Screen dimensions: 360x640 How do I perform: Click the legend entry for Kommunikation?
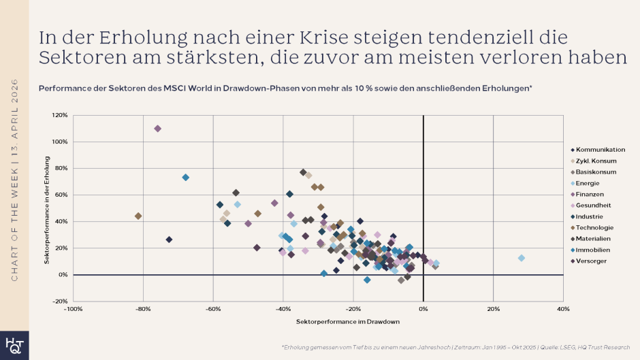(600, 150)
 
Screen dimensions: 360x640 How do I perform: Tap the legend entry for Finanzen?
(591, 194)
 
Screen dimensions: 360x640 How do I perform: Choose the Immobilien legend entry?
(594, 250)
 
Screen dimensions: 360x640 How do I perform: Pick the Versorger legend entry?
(592, 261)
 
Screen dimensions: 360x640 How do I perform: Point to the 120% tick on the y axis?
(60, 116)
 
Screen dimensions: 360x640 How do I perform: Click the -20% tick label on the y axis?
(60, 301)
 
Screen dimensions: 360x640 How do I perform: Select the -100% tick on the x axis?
(73, 309)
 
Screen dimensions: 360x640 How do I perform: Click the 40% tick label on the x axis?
(563, 309)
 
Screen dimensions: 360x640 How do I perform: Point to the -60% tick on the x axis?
(213, 309)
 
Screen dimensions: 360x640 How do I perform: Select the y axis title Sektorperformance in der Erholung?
(48, 215)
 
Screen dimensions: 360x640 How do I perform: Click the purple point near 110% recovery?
(157, 129)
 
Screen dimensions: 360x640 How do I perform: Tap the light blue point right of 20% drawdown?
(522, 258)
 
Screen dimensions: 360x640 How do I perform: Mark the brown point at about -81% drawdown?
(138, 216)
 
